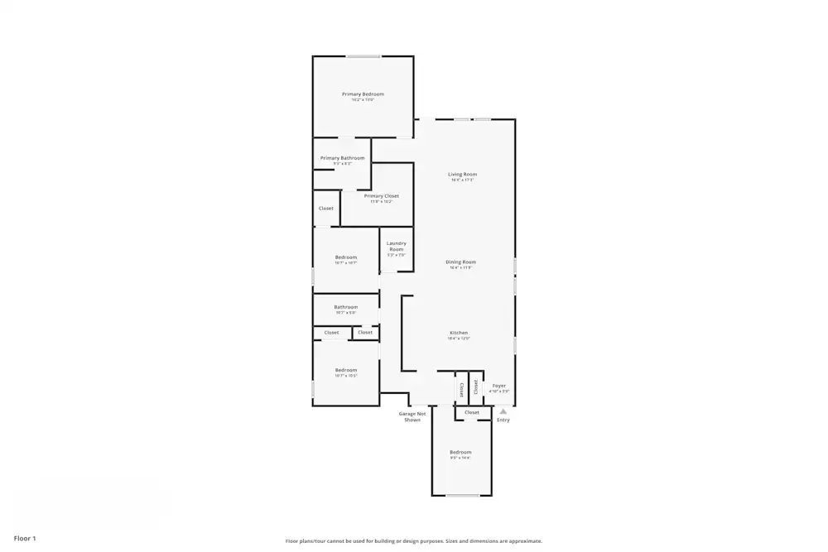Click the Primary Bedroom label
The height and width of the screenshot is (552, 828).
(x=363, y=94)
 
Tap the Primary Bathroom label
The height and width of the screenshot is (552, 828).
(x=342, y=158)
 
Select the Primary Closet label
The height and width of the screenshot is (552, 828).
(x=381, y=196)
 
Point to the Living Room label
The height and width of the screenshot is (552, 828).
(x=462, y=175)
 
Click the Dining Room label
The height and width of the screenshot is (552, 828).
(x=461, y=262)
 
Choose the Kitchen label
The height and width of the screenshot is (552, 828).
(x=459, y=333)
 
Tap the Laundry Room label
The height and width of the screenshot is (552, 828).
(x=397, y=246)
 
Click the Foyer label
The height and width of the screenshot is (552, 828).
(x=499, y=386)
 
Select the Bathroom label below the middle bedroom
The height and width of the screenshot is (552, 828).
(x=345, y=307)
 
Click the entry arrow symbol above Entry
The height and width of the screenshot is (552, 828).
(x=503, y=410)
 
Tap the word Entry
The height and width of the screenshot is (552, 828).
(x=503, y=420)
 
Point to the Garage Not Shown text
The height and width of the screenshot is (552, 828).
(x=412, y=416)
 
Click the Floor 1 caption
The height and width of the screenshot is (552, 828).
(x=25, y=539)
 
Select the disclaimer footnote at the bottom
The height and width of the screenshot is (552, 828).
(x=414, y=541)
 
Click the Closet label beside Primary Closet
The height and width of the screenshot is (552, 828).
(x=326, y=209)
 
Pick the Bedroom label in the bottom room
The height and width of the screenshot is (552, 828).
(x=460, y=452)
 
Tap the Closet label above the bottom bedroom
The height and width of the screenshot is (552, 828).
(x=472, y=412)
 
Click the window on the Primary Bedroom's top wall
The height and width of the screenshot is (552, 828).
(x=363, y=56)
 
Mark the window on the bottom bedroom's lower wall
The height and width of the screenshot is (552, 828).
(x=463, y=496)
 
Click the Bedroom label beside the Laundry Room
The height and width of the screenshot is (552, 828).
(x=345, y=257)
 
